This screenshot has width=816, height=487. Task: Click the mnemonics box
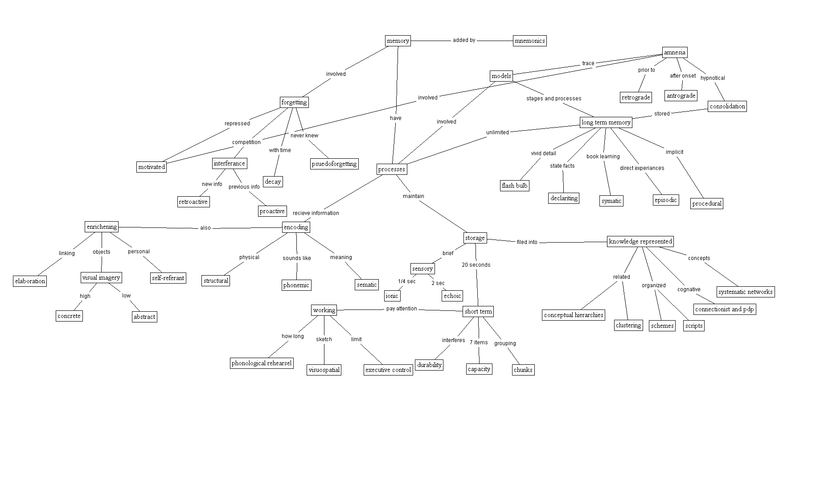click(x=529, y=41)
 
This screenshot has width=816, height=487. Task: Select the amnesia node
click(x=674, y=53)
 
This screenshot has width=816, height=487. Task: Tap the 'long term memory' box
click(x=606, y=122)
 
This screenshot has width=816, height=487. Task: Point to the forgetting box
click(x=294, y=102)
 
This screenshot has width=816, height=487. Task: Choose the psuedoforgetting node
click(x=334, y=164)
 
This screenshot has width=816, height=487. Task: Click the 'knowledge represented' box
click(x=640, y=241)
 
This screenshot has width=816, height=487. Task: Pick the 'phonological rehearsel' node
click(x=262, y=363)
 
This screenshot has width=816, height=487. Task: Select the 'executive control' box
click(x=388, y=370)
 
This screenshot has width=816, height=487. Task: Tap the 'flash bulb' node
click(x=515, y=186)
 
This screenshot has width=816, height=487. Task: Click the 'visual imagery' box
click(x=101, y=277)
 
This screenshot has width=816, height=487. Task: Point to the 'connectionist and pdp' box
click(x=725, y=309)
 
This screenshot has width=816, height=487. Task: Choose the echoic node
click(x=452, y=296)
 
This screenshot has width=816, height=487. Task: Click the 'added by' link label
click(x=464, y=40)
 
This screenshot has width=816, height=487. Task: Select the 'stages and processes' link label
click(x=554, y=99)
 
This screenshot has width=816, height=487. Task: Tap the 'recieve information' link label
click(x=316, y=213)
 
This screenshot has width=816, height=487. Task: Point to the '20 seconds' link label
click(x=476, y=265)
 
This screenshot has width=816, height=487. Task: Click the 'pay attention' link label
click(x=402, y=309)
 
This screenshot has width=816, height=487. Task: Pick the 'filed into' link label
click(x=527, y=242)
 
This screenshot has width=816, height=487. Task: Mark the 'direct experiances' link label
click(x=642, y=168)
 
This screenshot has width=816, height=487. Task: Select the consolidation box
click(x=727, y=106)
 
